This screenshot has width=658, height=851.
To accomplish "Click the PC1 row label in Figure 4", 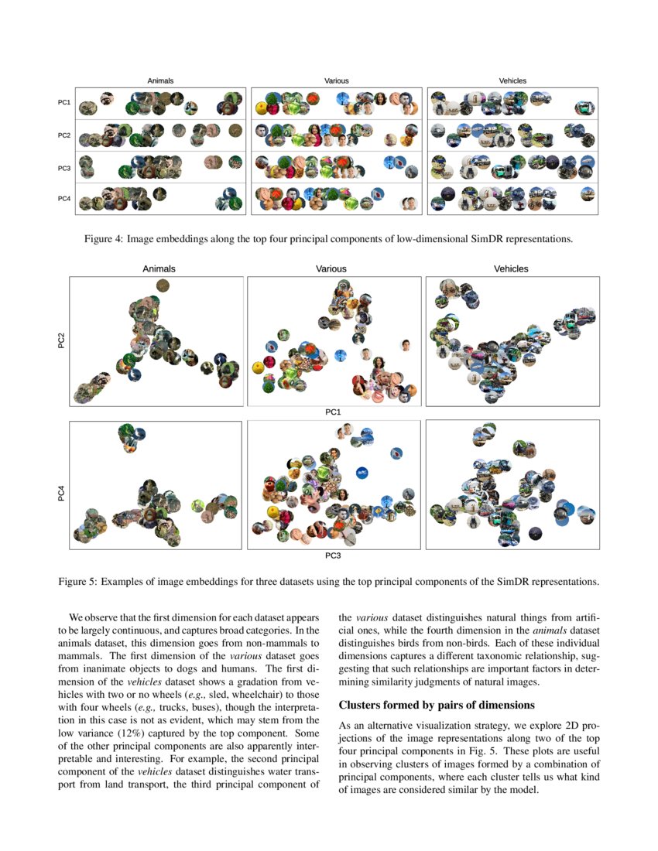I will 64,102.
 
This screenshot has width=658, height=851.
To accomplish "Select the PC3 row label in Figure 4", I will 64,167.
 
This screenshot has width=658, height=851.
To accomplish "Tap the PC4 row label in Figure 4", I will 64,199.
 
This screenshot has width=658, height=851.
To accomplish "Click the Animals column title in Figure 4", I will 160,80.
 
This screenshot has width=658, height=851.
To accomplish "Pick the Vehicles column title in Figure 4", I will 512,80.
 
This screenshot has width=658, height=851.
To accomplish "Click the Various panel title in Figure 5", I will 331,269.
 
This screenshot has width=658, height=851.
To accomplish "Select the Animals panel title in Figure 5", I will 159,269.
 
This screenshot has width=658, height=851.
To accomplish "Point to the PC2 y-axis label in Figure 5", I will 61,341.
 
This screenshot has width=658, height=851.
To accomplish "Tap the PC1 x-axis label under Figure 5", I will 333,412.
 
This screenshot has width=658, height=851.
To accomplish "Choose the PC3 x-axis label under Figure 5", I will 333,555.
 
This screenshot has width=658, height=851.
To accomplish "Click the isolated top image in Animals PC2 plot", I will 163,286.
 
